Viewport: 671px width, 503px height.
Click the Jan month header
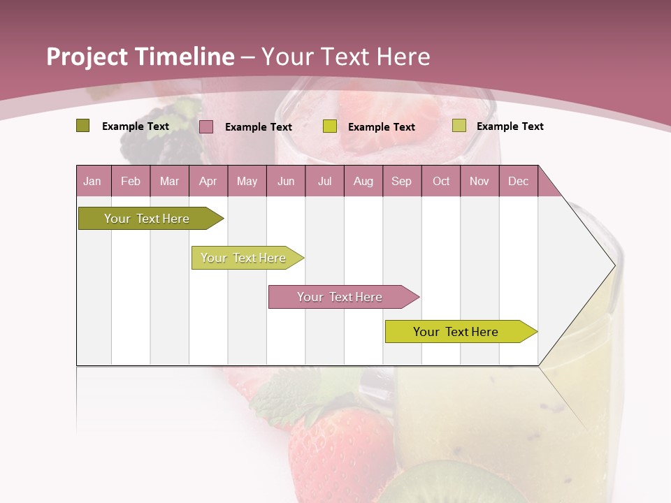tap(92, 181)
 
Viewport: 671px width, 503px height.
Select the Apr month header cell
tap(208, 181)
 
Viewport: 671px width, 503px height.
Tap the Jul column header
tap(324, 181)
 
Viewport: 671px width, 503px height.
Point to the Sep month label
tap(401, 181)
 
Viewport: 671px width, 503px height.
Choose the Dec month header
tap(518, 181)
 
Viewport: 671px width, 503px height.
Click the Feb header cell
tap(131, 181)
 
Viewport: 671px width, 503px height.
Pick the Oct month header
tap(441, 181)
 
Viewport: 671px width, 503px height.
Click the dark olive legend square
tap(83, 126)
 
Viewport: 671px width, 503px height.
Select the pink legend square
tap(206, 126)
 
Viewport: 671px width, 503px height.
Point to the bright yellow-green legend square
tap(330, 126)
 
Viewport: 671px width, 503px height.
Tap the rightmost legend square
tap(459, 126)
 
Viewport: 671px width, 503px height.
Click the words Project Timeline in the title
tap(140, 57)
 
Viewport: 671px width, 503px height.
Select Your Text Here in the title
tap(345, 57)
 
